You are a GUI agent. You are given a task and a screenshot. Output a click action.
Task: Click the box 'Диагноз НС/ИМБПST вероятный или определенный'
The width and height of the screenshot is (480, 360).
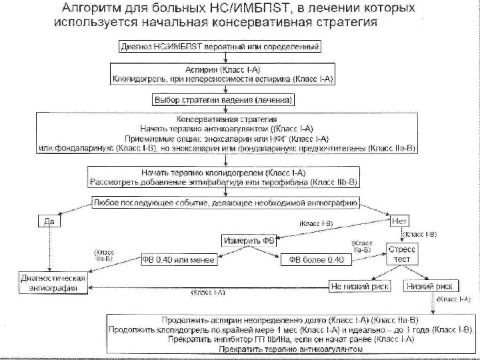[x=221, y=47]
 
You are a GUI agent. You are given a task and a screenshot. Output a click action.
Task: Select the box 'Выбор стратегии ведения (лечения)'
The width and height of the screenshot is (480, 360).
[x=224, y=99]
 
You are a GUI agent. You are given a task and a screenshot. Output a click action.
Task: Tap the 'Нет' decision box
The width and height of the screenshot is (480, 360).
[x=401, y=219]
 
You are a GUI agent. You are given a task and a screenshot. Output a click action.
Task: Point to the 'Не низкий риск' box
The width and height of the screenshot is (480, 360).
[x=359, y=285]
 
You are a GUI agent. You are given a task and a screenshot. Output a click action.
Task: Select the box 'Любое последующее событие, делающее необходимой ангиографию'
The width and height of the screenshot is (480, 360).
[x=225, y=202]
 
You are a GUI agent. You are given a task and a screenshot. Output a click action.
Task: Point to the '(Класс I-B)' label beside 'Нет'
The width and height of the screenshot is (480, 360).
[x=421, y=234]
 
